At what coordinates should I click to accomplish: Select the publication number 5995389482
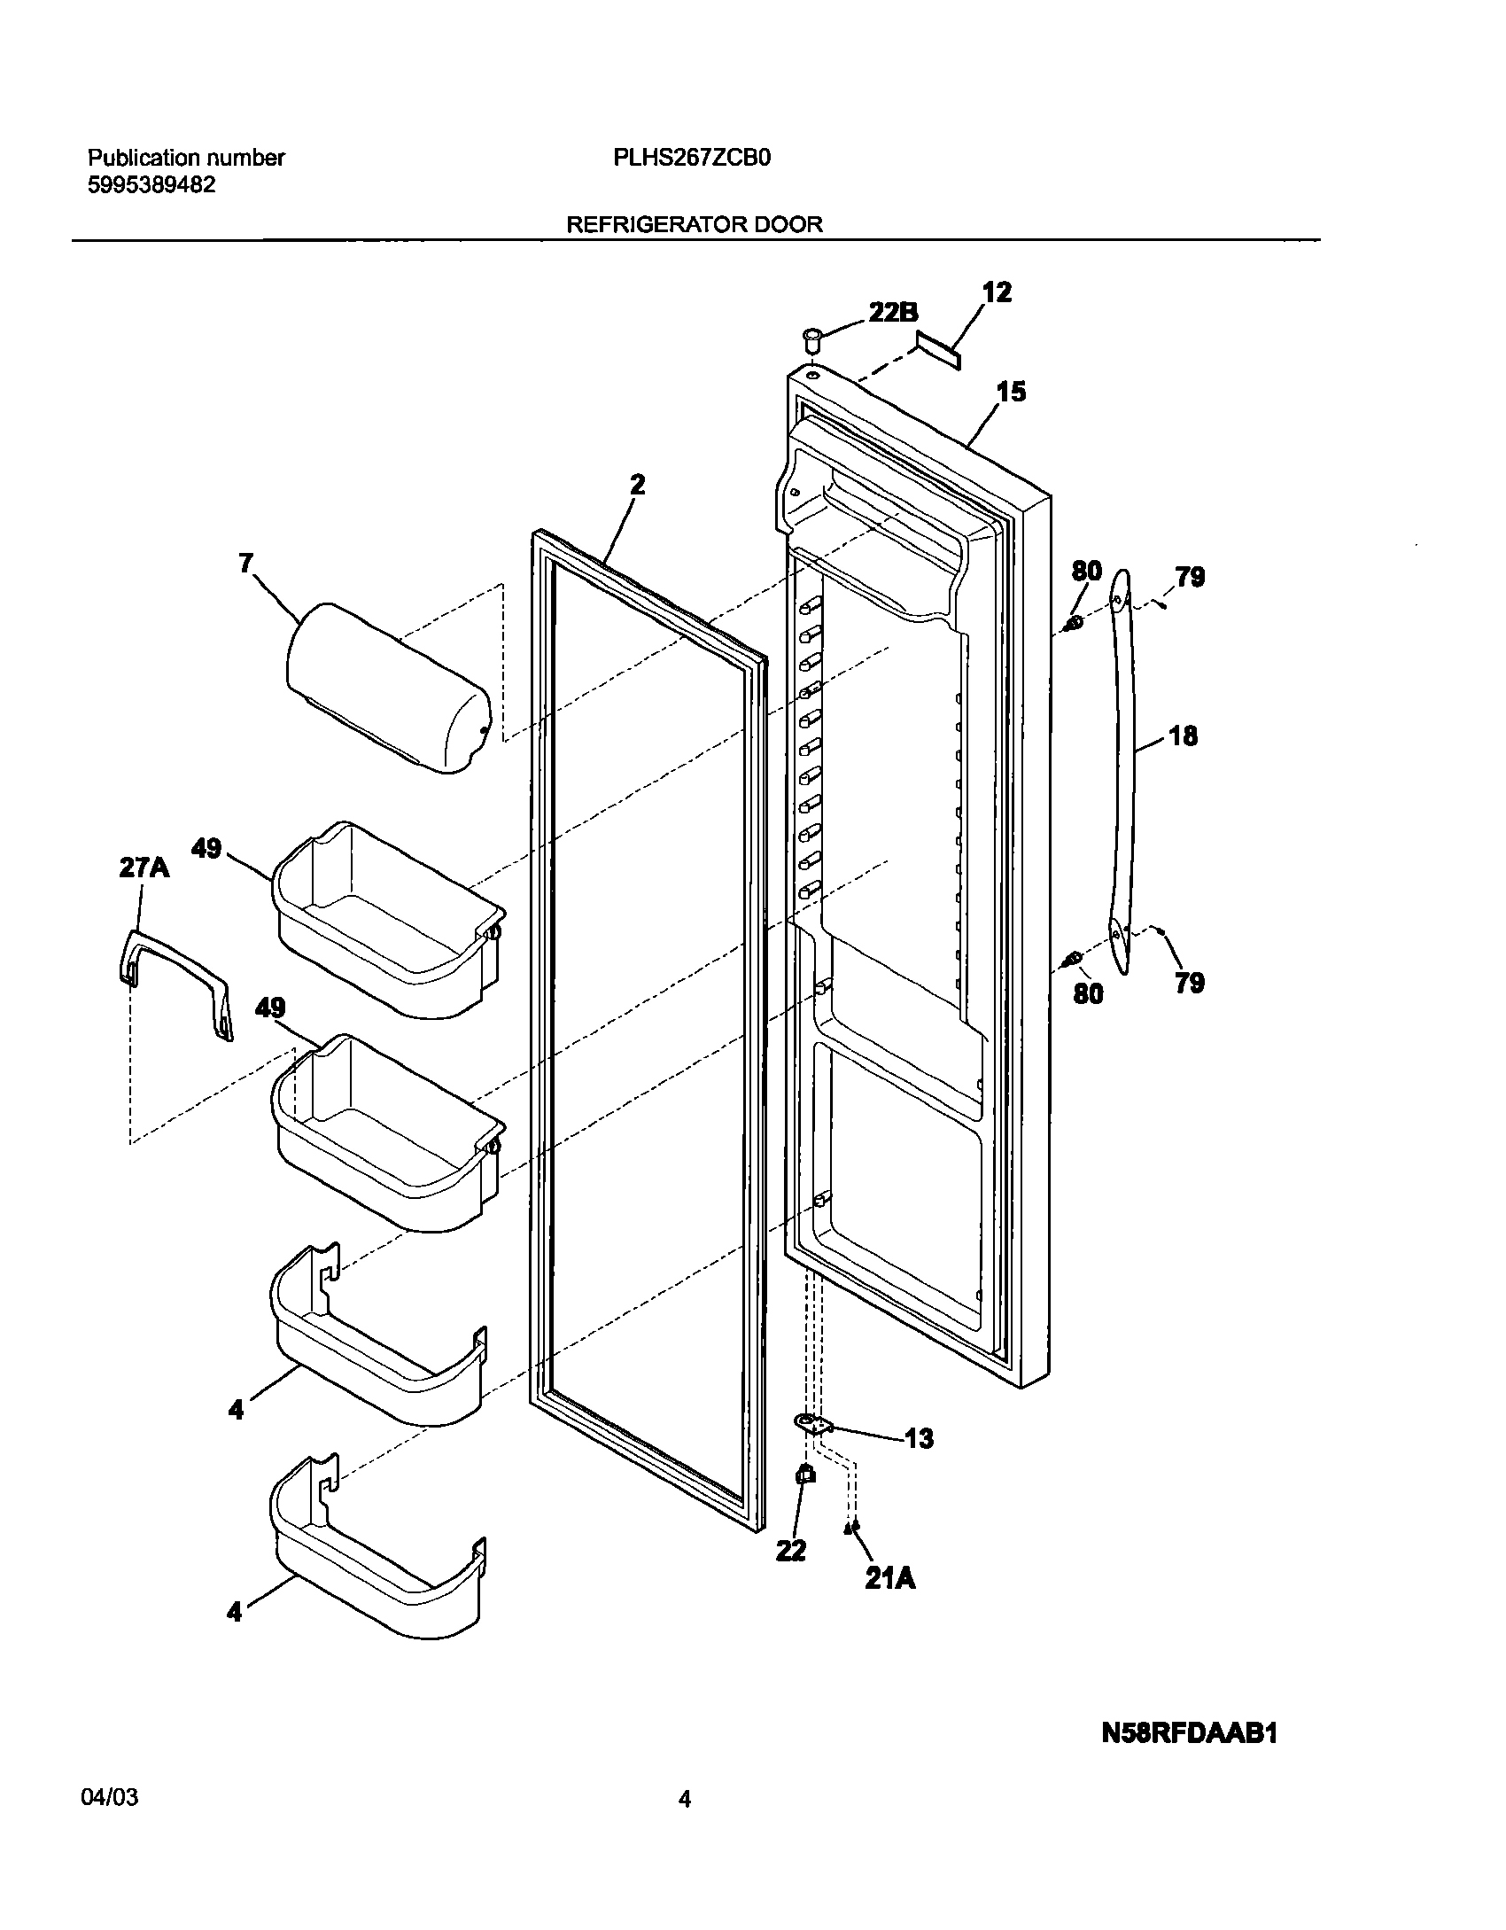151,185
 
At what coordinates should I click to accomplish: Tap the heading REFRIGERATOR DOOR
694,224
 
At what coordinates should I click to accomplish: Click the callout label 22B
892,313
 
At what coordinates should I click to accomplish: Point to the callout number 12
997,293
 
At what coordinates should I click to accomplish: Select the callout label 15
1011,391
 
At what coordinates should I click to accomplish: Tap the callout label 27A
144,868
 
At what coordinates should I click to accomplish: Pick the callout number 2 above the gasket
637,485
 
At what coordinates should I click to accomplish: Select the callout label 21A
889,1577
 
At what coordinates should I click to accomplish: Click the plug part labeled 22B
811,339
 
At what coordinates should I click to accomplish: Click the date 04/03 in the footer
109,1797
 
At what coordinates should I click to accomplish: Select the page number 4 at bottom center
684,1798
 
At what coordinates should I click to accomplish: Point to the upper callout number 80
1086,571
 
